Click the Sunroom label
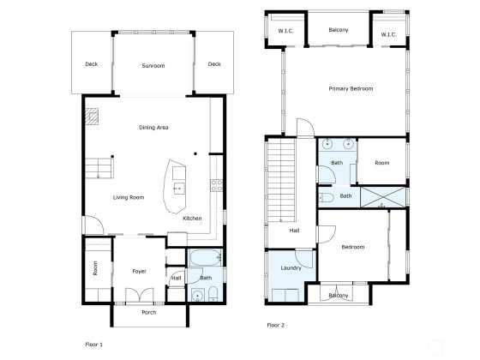(x=153, y=66)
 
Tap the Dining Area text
(x=153, y=128)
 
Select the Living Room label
(x=129, y=197)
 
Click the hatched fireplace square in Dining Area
(x=92, y=117)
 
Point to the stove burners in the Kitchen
(x=216, y=185)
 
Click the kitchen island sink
(x=179, y=189)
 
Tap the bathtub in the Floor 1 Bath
(x=205, y=257)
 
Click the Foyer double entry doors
(x=140, y=295)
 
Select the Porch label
(x=149, y=313)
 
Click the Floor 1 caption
(x=94, y=345)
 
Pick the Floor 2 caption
(x=276, y=325)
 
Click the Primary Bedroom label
(x=351, y=89)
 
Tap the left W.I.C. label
(x=286, y=31)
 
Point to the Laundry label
(x=291, y=268)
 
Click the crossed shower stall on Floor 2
(x=383, y=197)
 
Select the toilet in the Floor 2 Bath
(x=326, y=198)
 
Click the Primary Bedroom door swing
(x=305, y=128)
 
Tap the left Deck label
(x=92, y=64)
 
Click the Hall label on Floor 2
(x=294, y=231)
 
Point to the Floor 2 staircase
(x=281, y=181)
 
